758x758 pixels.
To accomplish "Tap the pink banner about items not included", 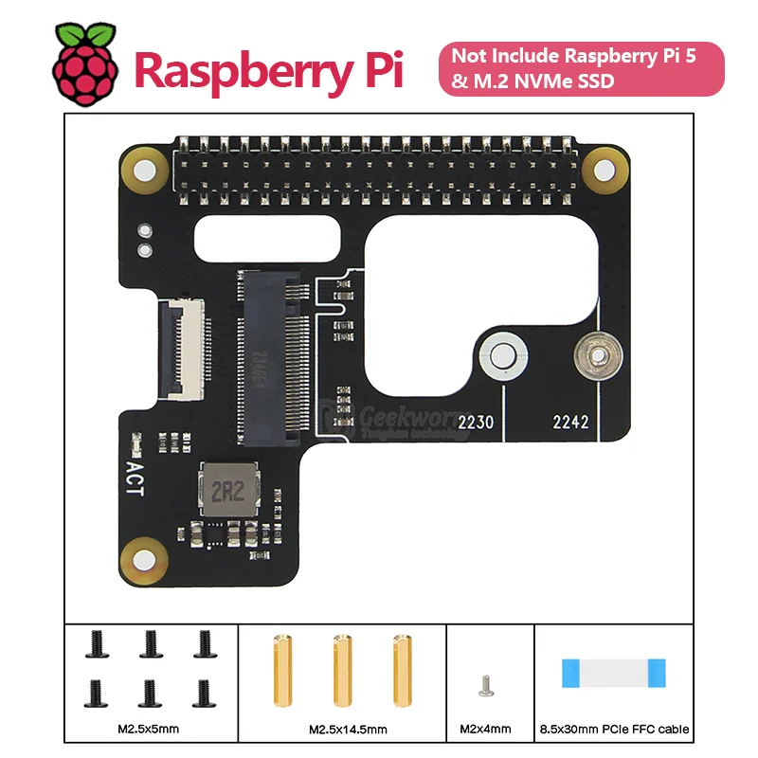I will (580, 68).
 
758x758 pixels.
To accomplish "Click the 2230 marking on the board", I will (476, 423).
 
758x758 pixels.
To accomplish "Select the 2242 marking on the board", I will (570, 423).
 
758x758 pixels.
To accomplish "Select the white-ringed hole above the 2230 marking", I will (503, 357).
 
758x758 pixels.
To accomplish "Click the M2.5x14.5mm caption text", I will (343, 730).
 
